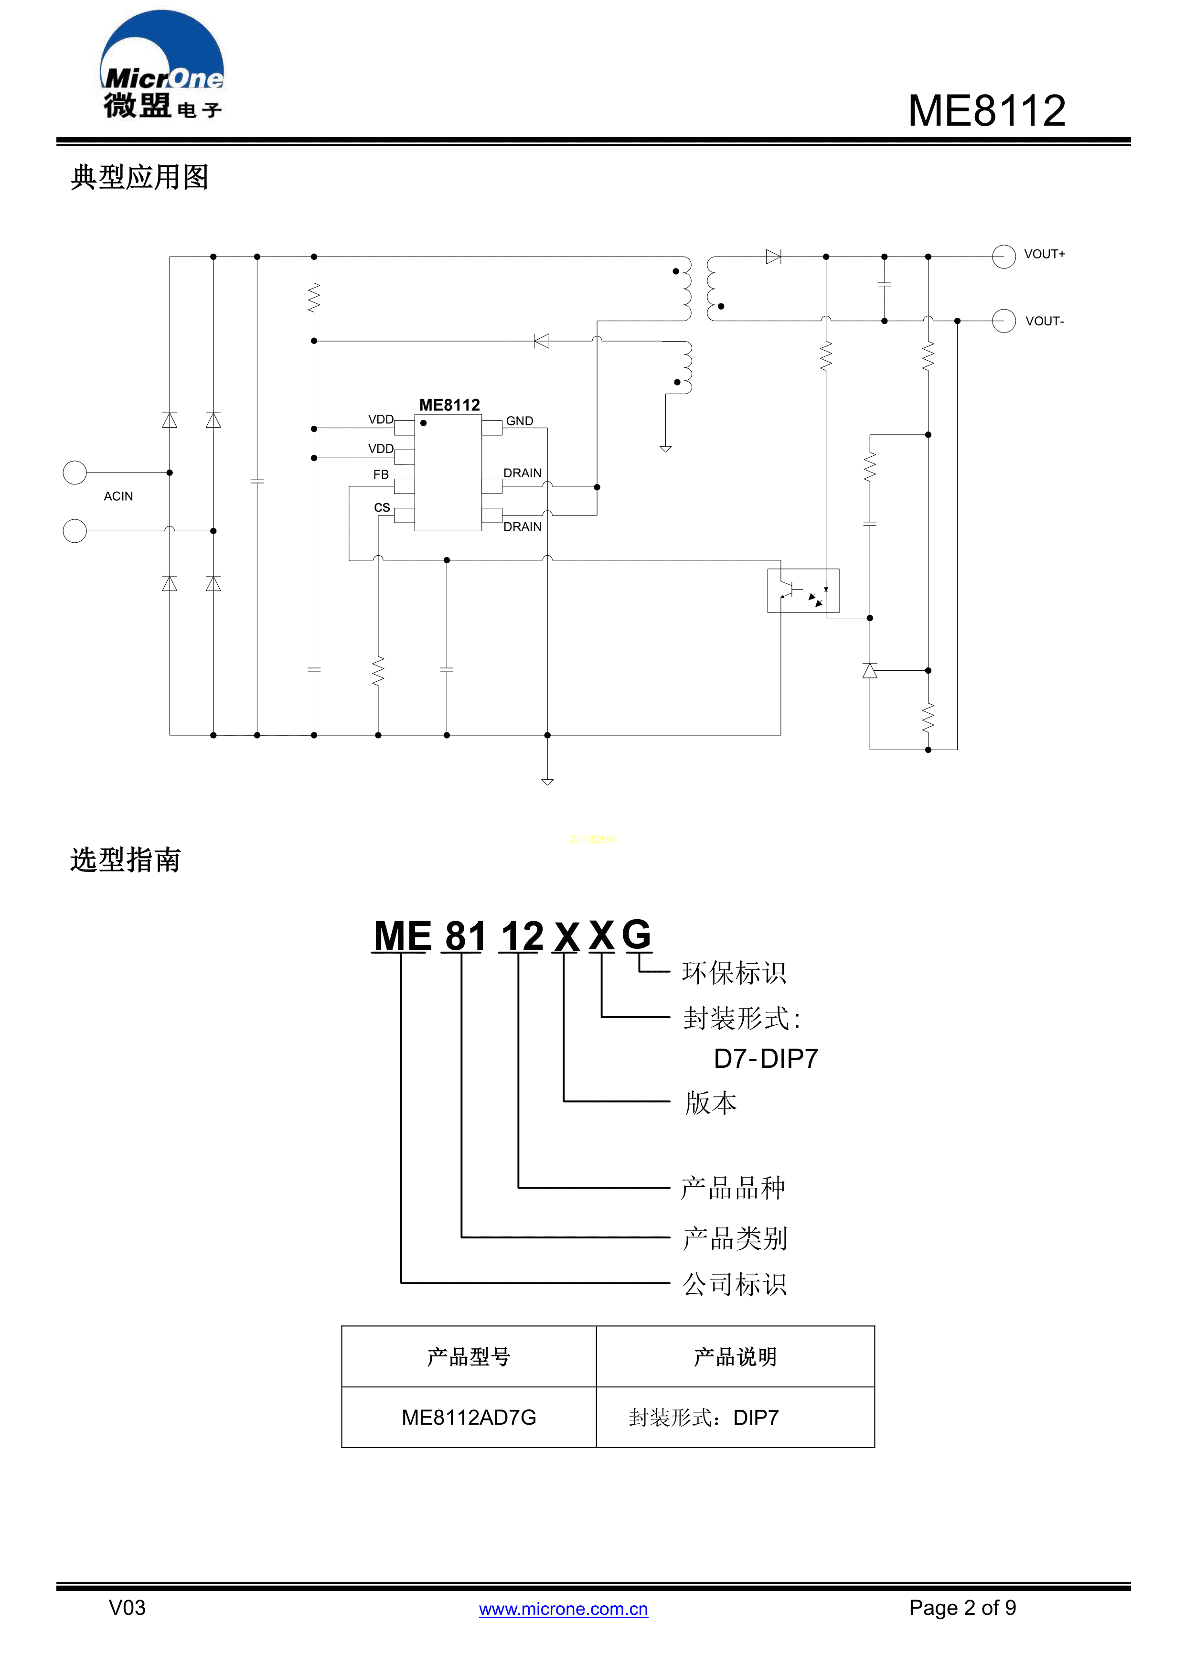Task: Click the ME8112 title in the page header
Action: pos(986,111)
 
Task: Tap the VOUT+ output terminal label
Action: pos(1044,254)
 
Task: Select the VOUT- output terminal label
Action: pos(1044,321)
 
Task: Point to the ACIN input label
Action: pos(118,496)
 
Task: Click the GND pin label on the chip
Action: pos(520,421)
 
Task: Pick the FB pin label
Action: pos(381,474)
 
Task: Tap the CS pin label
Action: pos(382,507)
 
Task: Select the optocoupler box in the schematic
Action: pos(802,591)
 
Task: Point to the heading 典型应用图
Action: pos(139,177)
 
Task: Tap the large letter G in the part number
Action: pos(636,935)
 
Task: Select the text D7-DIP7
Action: pos(766,1058)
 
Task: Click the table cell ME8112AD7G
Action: pos(469,1418)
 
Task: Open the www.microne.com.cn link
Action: pos(563,1609)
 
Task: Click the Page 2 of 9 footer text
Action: pos(962,1607)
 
